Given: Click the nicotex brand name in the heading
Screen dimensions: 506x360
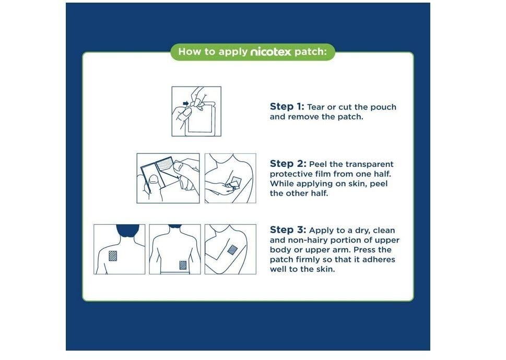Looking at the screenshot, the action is tap(270, 52).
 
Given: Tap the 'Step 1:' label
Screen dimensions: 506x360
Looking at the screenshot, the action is tap(287, 106).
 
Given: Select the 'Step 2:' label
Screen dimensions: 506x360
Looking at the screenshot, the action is tap(288, 163).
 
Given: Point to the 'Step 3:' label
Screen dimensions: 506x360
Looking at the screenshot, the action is tap(288, 230).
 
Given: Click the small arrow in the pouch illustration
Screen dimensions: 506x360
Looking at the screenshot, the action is tap(185, 103).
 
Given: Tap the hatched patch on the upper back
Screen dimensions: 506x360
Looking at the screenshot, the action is tap(113, 256).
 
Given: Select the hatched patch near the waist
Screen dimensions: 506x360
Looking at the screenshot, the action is tap(183, 265).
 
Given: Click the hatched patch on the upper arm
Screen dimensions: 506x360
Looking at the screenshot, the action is tap(232, 250).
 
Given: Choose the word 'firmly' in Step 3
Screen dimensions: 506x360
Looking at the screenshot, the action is tap(304, 260).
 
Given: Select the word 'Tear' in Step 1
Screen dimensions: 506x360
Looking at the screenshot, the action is tap(316, 107).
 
